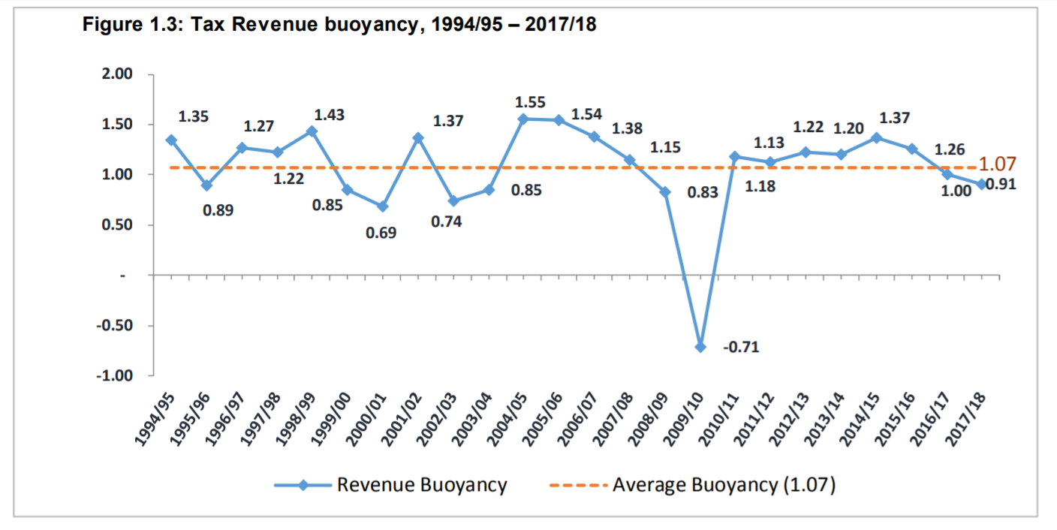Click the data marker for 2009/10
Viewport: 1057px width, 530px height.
pyautogui.click(x=700, y=347)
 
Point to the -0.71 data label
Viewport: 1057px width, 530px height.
pyautogui.click(x=741, y=348)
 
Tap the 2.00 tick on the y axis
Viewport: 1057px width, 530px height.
pyautogui.click(x=117, y=74)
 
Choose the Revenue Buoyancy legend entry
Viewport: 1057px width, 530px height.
pyautogui.click(x=390, y=485)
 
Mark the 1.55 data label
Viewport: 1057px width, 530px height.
pyautogui.click(x=530, y=102)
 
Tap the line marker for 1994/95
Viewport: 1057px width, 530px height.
pyautogui.click(x=171, y=140)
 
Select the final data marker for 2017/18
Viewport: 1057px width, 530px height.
pyautogui.click(x=983, y=184)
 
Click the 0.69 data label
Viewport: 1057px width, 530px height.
pyautogui.click(x=381, y=233)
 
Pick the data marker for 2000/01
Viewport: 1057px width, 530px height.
pyautogui.click(x=383, y=206)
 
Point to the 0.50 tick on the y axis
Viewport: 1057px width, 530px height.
pyautogui.click(x=117, y=225)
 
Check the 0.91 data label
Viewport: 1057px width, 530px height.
pyautogui.click(x=1002, y=184)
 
